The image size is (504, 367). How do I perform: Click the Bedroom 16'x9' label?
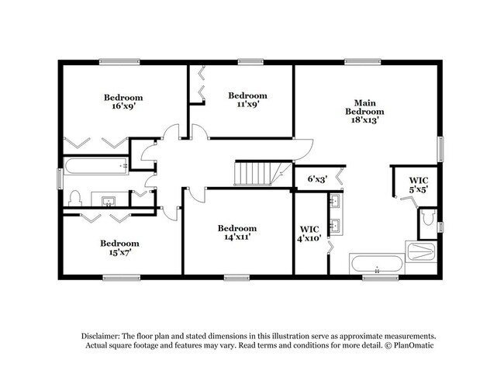click(123, 102)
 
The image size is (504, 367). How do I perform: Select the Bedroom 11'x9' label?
click(247, 100)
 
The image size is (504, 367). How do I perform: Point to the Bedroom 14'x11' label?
click(236, 233)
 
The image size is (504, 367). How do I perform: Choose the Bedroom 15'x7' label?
click(119, 248)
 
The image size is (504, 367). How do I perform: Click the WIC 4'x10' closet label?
click(309, 234)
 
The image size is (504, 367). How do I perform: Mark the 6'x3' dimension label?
click(317, 179)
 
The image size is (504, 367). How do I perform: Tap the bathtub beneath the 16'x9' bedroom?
click(95, 164)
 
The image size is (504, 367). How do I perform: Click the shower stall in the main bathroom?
click(421, 251)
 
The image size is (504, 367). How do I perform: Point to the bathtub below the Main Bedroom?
click(376, 264)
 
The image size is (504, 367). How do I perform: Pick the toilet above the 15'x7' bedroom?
click(76, 199)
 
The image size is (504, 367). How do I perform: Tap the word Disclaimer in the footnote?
click(105, 335)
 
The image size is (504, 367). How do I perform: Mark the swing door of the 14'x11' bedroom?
click(195, 195)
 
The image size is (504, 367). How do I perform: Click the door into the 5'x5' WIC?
click(405, 199)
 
